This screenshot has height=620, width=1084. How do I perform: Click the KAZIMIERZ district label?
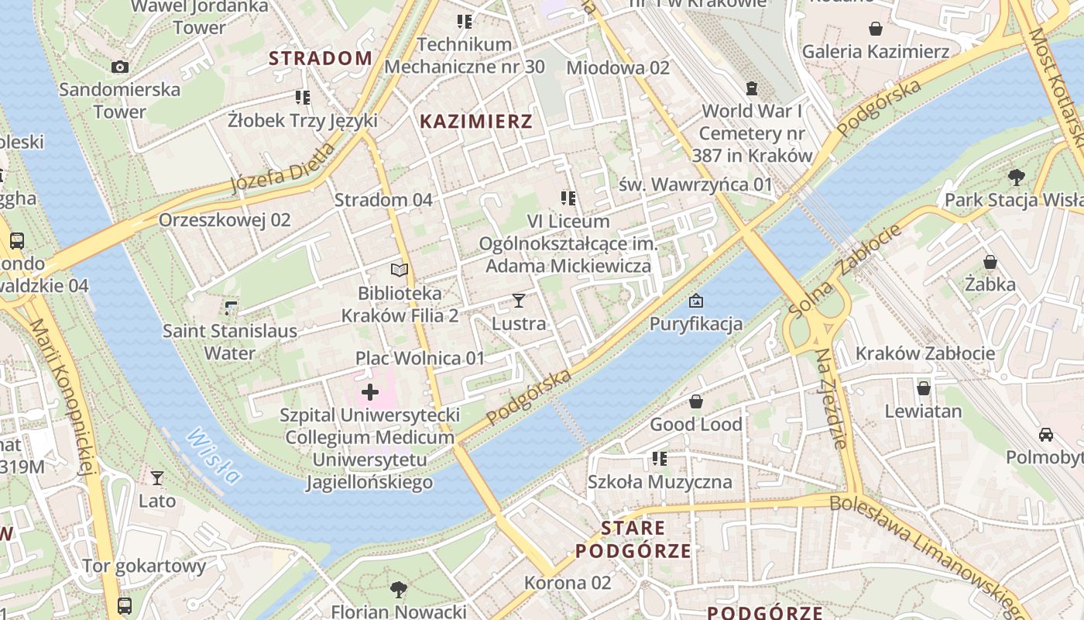click(476, 121)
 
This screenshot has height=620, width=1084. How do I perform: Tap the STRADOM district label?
click(321, 58)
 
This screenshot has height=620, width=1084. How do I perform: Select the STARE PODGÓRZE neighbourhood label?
click(633, 539)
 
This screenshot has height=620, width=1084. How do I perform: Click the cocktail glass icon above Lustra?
click(519, 300)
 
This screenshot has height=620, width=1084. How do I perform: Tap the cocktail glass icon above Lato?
click(157, 477)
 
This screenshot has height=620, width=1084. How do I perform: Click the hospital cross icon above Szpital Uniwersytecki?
click(370, 392)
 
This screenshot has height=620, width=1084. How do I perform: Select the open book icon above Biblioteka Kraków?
click(400, 270)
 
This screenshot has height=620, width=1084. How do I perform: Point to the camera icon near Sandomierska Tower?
click(120, 67)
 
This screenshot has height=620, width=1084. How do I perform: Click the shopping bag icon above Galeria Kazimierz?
click(876, 29)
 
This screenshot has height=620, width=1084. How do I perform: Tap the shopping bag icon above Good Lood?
click(696, 401)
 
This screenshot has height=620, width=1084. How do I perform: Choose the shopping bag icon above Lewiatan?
click(923, 388)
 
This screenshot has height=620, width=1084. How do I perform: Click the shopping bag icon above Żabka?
click(990, 262)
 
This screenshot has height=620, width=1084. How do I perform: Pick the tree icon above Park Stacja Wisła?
click(1017, 177)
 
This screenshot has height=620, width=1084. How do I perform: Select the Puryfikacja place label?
click(696, 323)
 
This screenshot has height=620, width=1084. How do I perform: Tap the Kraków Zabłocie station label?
click(924, 353)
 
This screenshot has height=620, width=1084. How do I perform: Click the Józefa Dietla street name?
click(284, 170)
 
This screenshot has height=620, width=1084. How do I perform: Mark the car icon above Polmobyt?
click(1046, 435)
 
